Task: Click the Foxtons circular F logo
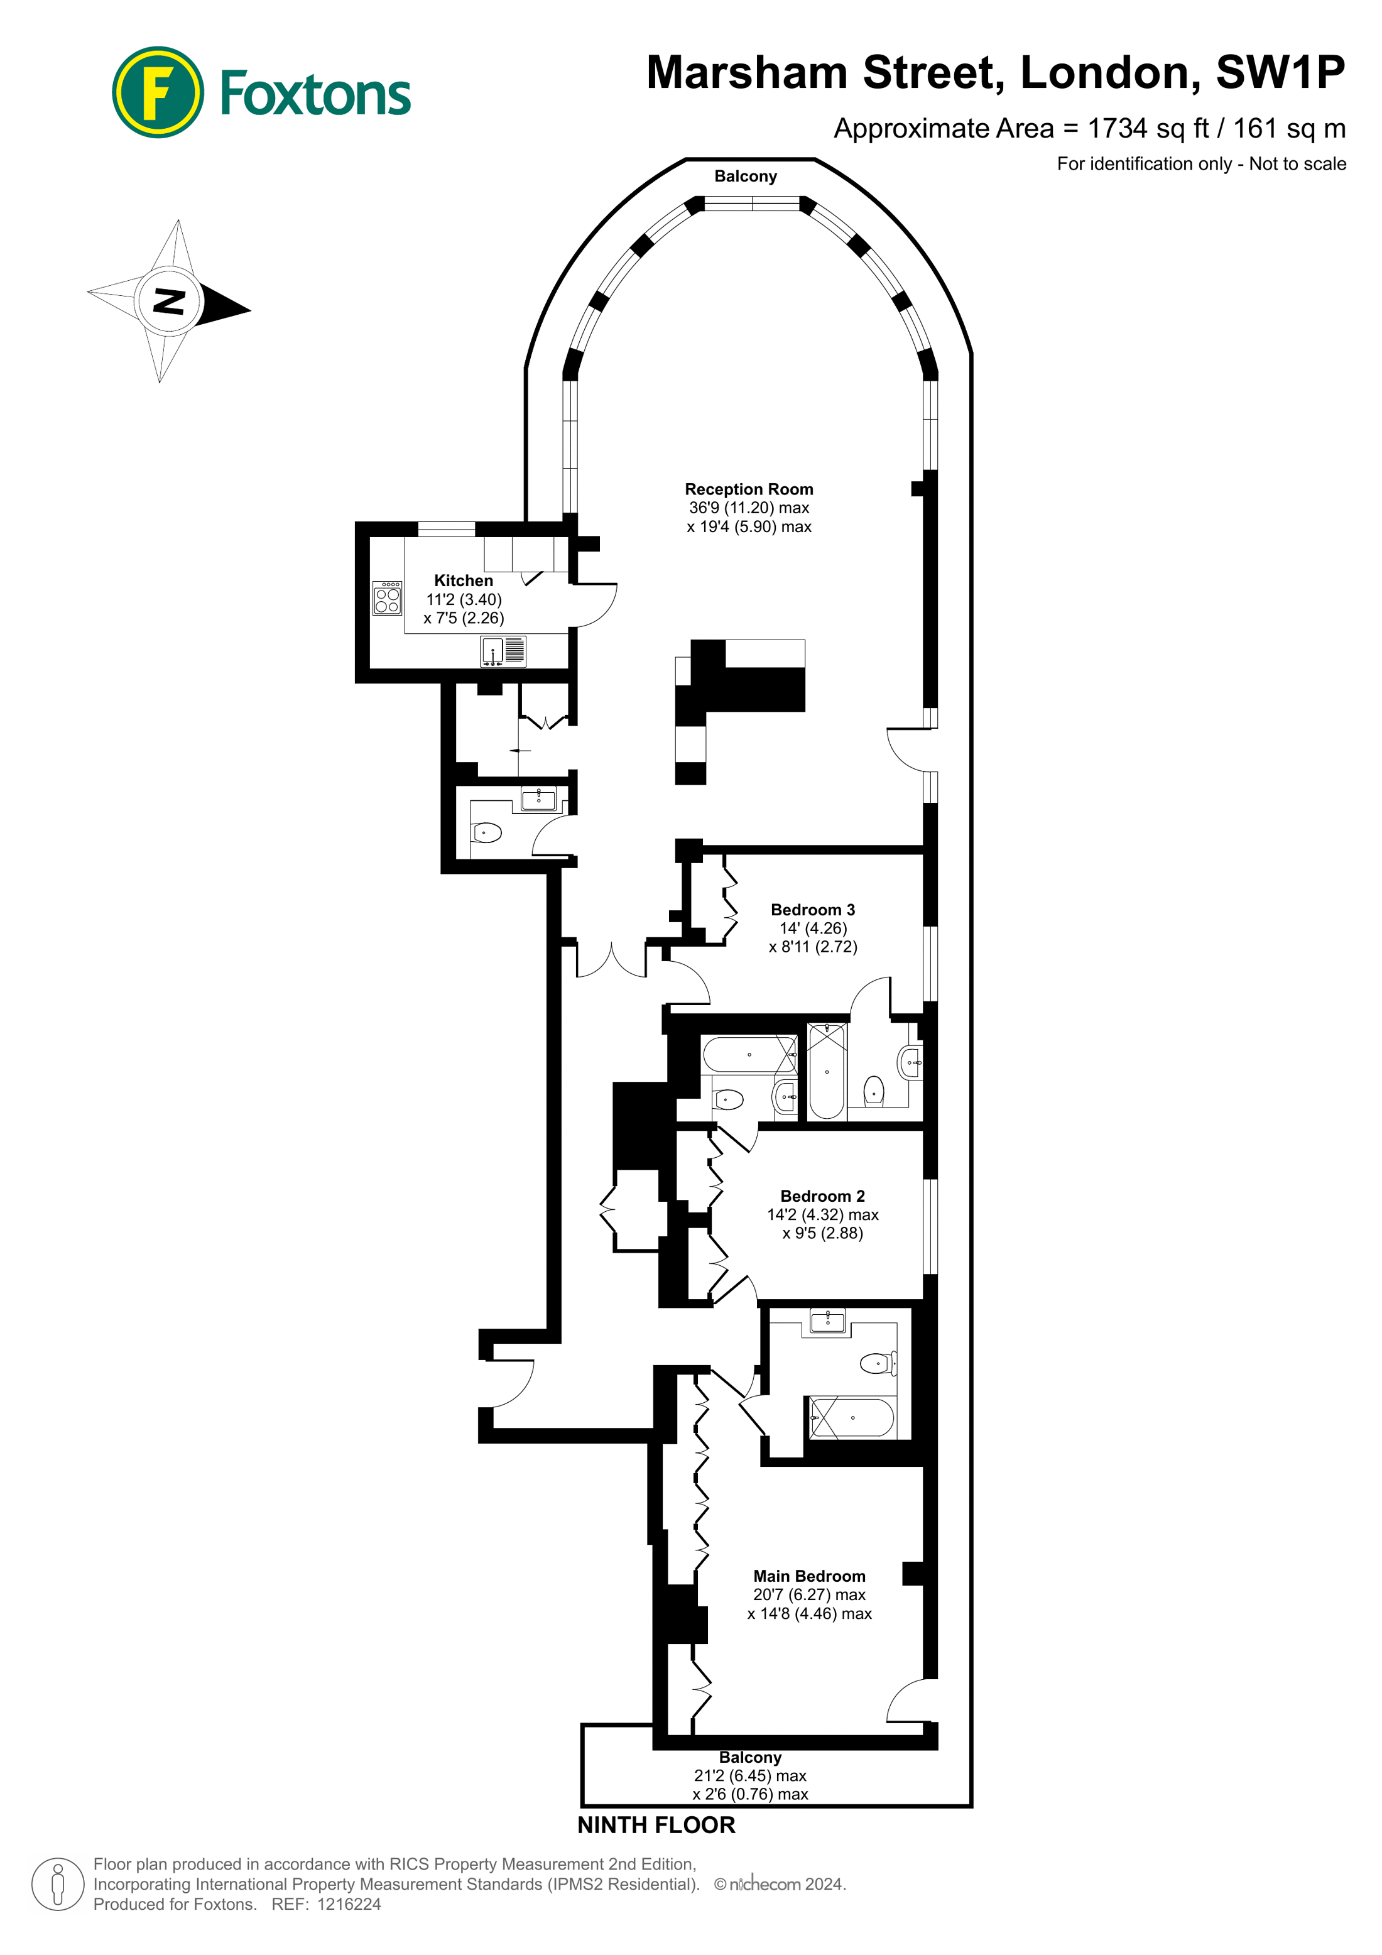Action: pyautogui.click(x=158, y=92)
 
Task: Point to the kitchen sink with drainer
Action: pyautogui.click(x=503, y=651)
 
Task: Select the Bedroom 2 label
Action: pyautogui.click(x=822, y=1196)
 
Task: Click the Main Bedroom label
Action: pyautogui.click(x=809, y=1576)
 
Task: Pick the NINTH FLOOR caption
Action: pyautogui.click(x=656, y=1825)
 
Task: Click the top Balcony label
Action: pyautogui.click(x=746, y=177)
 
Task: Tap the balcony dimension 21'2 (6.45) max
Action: pyautogui.click(x=750, y=1775)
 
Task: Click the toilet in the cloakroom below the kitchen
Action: pyautogui.click(x=487, y=832)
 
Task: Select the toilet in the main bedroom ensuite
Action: pyautogui.click(x=878, y=1363)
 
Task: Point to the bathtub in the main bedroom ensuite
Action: pyautogui.click(x=852, y=1418)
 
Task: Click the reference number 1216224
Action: pyautogui.click(x=349, y=1904)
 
